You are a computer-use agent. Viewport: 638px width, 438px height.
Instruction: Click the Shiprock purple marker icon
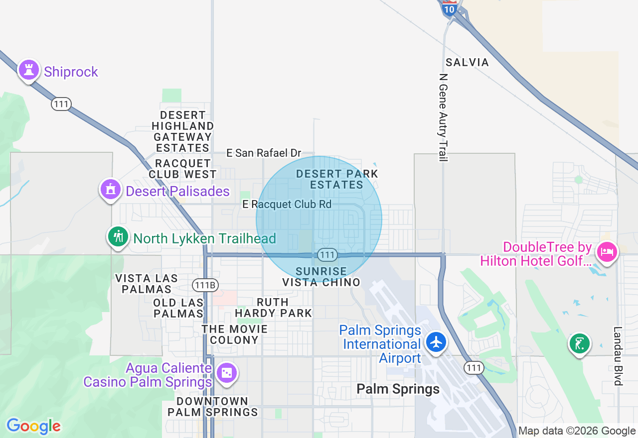tap(29, 70)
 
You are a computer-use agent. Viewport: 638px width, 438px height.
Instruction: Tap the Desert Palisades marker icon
tap(110, 190)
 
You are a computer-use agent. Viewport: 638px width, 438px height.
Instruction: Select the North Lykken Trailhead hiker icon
tap(118, 236)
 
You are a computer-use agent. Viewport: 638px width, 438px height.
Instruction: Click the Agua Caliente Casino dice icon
tap(227, 373)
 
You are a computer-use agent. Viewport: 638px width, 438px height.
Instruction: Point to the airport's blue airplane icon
tap(436, 342)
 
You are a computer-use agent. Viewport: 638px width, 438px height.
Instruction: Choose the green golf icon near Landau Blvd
tap(579, 343)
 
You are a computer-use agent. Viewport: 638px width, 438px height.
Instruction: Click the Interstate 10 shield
tap(450, 8)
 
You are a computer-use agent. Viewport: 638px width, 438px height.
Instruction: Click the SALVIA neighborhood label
tap(467, 62)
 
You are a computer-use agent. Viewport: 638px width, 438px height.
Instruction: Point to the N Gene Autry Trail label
tap(443, 117)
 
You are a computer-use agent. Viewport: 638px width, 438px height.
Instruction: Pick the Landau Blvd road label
tap(618, 356)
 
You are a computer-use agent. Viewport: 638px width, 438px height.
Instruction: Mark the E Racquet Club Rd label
tap(287, 204)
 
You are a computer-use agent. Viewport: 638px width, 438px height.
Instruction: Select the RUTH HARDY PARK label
tap(273, 308)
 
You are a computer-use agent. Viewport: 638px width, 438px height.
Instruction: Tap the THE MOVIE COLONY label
tap(234, 334)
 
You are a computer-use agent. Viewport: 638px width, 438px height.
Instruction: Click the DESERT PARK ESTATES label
tap(337, 179)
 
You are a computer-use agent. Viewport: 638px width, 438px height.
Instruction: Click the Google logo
tap(33, 426)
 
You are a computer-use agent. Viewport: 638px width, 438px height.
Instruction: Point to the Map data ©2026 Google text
tap(577, 431)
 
